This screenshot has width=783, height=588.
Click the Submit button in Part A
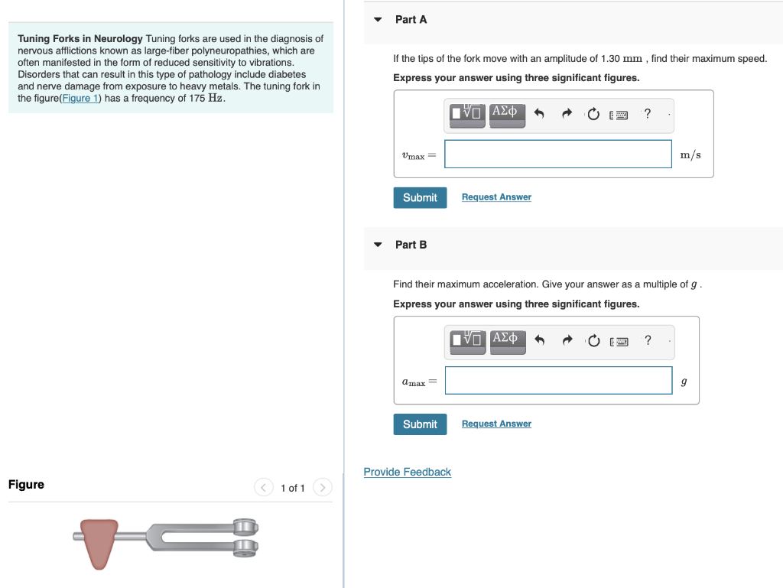pyautogui.click(x=420, y=197)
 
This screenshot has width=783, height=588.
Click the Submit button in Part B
pyautogui.click(x=420, y=424)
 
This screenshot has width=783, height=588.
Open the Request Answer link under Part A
pyautogui.click(x=496, y=197)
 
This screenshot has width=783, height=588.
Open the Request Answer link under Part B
pyautogui.click(x=496, y=424)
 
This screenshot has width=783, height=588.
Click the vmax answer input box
pyautogui.click(x=558, y=154)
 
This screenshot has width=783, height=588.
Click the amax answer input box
pyautogui.click(x=558, y=380)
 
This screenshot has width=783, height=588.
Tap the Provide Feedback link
pyautogui.click(x=407, y=472)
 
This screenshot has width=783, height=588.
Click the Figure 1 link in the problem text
pyautogui.click(x=80, y=98)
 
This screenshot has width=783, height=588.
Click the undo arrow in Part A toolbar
pyautogui.click(x=538, y=115)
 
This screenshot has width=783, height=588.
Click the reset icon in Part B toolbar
pyautogui.click(x=593, y=341)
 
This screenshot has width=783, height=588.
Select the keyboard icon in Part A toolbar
pyautogui.click(x=619, y=115)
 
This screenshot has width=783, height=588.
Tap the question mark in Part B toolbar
pyautogui.click(x=648, y=340)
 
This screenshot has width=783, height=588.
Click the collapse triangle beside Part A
pyautogui.click(x=378, y=20)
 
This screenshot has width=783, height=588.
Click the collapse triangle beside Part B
pyautogui.click(x=378, y=245)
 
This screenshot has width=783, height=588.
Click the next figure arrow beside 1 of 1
pyautogui.click(x=323, y=487)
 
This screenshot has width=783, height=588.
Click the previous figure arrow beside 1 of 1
pyautogui.click(x=264, y=487)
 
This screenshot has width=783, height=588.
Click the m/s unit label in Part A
pyautogui.click(x=690, y=154)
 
